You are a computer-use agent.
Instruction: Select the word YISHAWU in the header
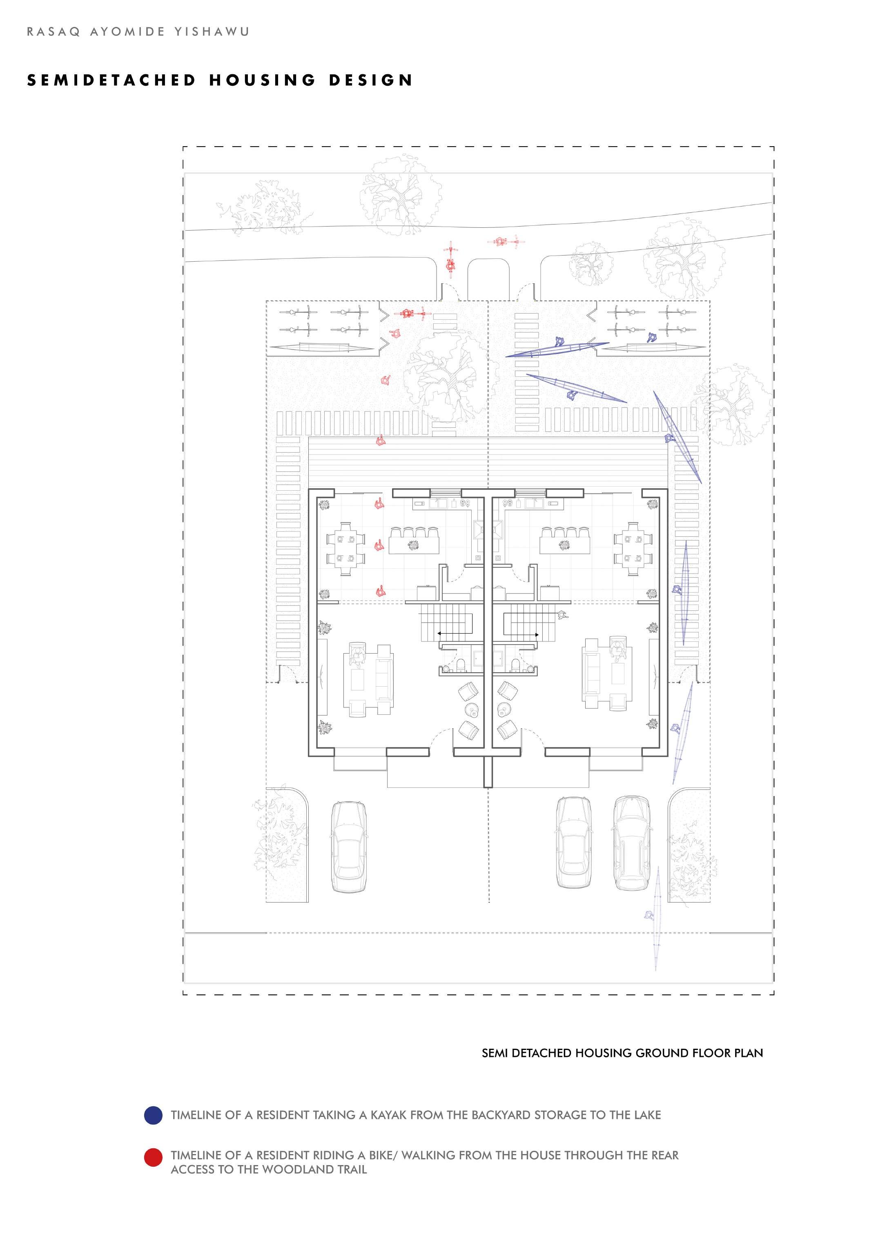[x=212, y=32]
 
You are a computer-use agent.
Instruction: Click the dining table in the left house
[x=345, y=549]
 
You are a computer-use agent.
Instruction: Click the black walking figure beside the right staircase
[x=562, y=614]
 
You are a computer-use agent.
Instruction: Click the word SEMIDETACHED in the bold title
[x=111, y=80]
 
